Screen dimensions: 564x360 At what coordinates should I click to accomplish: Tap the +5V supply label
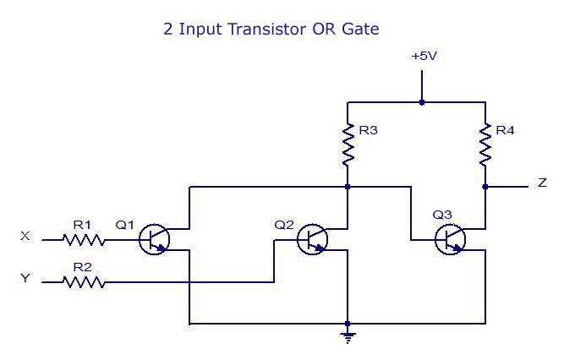pos(424,56)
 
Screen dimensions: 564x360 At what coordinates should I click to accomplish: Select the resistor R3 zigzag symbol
pos(348,145)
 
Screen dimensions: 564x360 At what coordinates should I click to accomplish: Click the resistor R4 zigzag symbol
pos(485,145)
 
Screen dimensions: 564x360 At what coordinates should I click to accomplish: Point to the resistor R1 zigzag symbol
pos(85,239)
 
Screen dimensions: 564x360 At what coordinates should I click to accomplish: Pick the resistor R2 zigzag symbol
pos(85,282)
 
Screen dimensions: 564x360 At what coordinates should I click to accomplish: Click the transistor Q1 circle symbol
pos(154,239)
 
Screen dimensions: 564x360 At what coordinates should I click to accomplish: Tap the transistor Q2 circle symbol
pos(313,239)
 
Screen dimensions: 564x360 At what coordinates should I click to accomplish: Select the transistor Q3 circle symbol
pos(450,239)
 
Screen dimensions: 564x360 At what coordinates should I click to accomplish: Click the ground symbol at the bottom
pos(348,338)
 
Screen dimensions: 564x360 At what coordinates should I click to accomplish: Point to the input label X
pos(25,236)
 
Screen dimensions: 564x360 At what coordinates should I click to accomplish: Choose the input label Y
pos(25,278)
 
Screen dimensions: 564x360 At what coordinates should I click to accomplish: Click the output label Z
pos(542,183)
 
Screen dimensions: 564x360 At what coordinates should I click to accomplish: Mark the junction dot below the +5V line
pos(422,102)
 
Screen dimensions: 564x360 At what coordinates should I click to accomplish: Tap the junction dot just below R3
pos(348,187)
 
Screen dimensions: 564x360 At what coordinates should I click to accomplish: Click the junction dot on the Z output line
pos(485,187)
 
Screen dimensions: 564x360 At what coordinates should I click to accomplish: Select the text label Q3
pos(442,215)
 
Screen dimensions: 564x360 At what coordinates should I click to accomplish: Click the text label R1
pos(82,225)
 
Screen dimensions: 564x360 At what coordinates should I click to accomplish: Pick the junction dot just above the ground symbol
pos(348,324)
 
